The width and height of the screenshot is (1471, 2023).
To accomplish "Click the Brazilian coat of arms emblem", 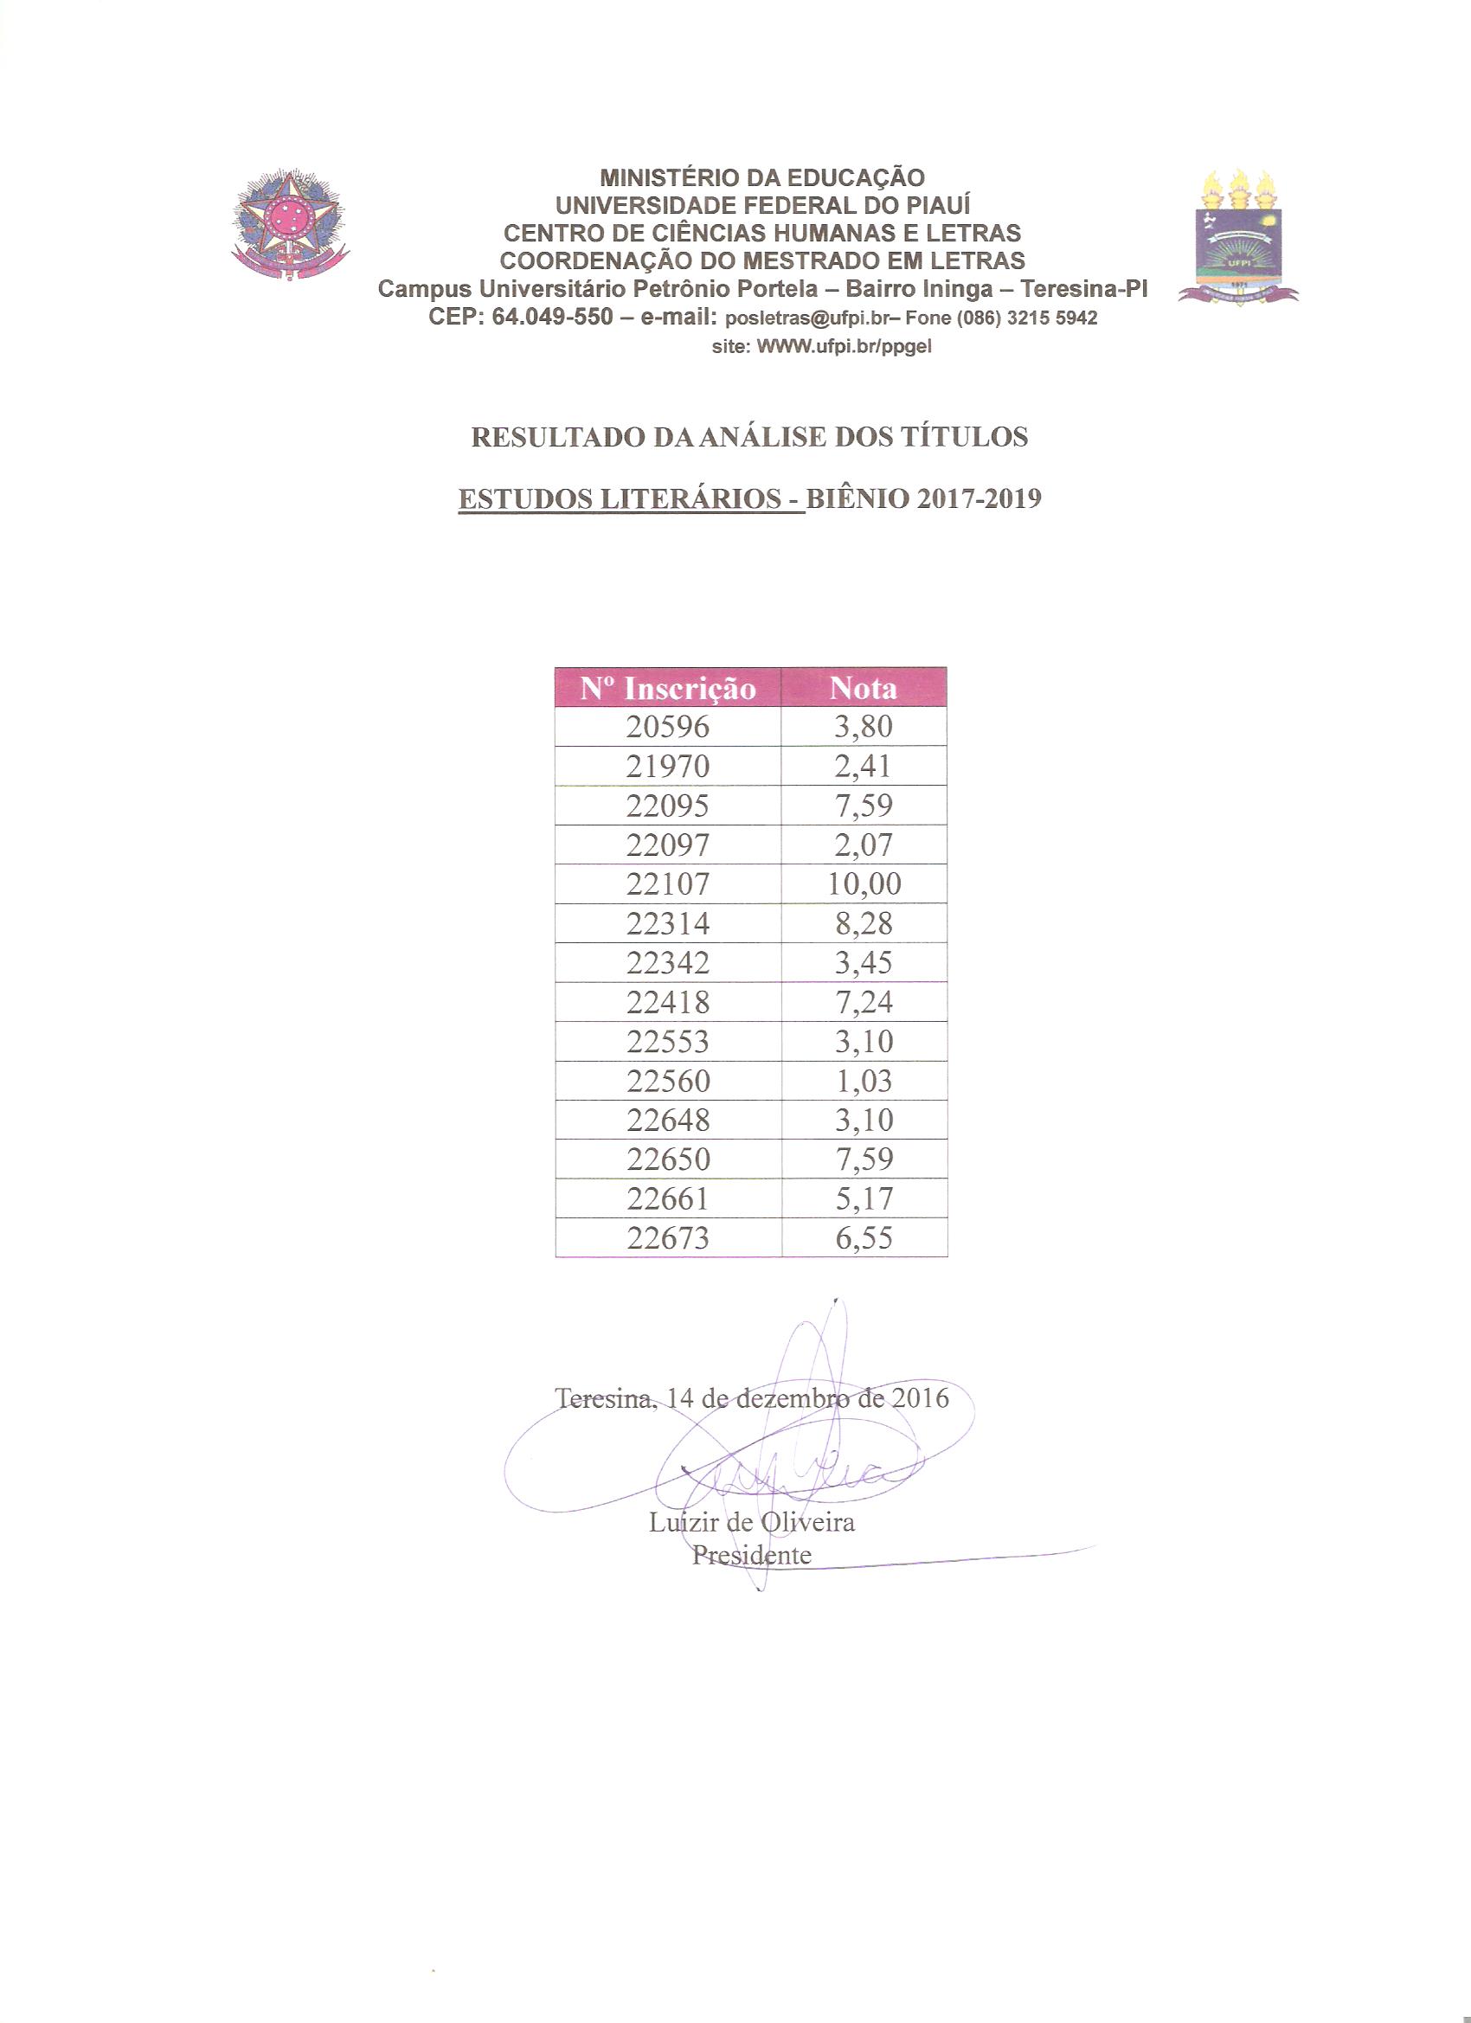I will [x=289, y=225].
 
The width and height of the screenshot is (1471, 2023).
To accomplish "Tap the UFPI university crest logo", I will [x=1238, y=239].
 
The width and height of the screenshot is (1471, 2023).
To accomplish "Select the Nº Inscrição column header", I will [x=667, y=688].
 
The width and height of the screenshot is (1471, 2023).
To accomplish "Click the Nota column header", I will [x=863, y=688].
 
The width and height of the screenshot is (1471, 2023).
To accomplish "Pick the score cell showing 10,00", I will [x=864, y=884].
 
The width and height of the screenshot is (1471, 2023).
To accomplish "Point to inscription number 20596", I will [x=667, y=727].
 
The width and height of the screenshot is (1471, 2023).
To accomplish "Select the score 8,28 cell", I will [x=864, y=923].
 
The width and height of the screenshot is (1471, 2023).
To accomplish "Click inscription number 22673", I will [x=667, y=1238].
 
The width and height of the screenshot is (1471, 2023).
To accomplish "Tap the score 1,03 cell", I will [x=864, y=1081].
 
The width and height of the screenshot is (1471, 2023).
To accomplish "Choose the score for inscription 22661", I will [x=864, y=1198].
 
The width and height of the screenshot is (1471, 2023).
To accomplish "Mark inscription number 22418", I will [x=667, y=1002].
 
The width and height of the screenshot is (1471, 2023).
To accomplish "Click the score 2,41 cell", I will [x=864, y=767].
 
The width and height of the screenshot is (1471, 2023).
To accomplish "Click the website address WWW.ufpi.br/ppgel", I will [x=844, y=347].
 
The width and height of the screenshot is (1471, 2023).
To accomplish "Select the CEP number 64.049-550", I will [x=552, y=317].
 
